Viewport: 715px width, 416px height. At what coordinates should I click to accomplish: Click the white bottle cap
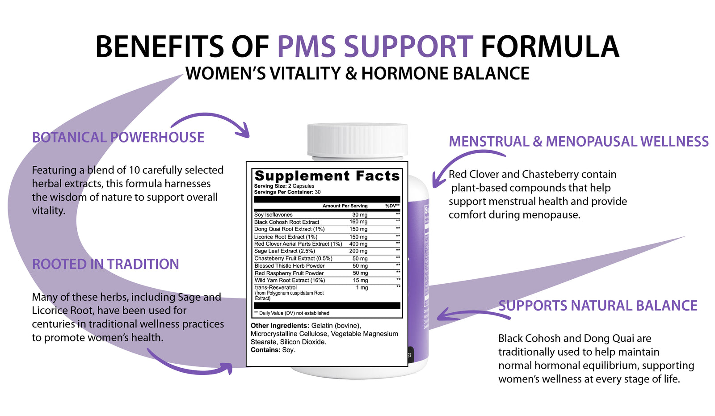click(x=357, y=141)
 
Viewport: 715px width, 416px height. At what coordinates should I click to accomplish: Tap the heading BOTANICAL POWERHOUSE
click(x=118, y=138)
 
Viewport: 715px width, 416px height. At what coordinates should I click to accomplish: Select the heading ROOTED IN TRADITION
click(x=105, y=265)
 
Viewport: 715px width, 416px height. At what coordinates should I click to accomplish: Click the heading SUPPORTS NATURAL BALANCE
click(x=598, y=306)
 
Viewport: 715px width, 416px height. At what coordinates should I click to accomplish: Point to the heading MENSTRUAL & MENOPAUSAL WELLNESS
click(x=579, y=142)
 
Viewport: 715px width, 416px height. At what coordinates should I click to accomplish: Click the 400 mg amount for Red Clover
click(x=358, y=244)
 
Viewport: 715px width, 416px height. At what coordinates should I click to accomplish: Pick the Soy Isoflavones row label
click(x=273, y=215)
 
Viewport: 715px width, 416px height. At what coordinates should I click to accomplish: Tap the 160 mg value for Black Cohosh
click(x=358, y=222)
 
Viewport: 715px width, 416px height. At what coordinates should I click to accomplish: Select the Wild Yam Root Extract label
click(x=290, y=280)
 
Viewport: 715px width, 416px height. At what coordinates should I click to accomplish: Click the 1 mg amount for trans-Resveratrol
click(x=362, y=288)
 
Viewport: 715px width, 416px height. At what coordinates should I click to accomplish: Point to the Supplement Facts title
click(x=327, y=176)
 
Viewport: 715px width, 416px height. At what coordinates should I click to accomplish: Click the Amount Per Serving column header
click(x=345, y=206)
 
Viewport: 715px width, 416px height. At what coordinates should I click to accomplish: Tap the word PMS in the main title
click(x=307, y=46)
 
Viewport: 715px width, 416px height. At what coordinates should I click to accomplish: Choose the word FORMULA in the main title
click(x=550, y=46)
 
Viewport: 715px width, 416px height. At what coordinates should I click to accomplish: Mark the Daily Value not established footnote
click(x=292, y=313)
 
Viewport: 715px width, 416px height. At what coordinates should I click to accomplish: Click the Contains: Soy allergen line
click(x=273, y=350)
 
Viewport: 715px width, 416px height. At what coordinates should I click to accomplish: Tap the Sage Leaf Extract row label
click(x=284, y=251)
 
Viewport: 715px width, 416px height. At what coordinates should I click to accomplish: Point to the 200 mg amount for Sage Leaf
click(x=358, y=251)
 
